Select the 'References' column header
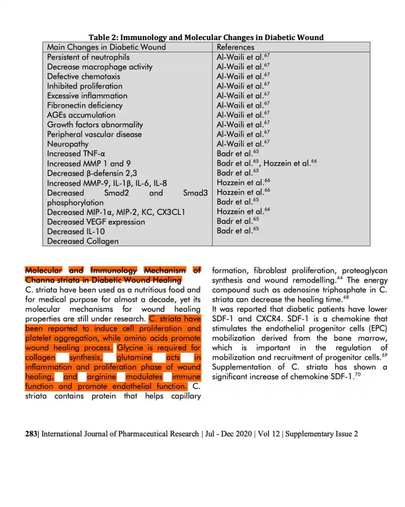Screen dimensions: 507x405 pyautogui.click(x=235, y=47)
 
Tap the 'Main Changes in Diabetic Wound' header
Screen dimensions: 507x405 pyautogui.click(x=106, y=47)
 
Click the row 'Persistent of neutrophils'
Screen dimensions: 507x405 pyautogui.click(x=88, y=57)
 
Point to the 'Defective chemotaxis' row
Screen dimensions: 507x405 pyautogui.click(x=84, y=76)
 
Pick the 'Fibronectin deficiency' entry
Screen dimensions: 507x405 pyautogui.click(x=85, y=105)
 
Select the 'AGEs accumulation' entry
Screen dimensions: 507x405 pyautogui.click(x=81, y=115)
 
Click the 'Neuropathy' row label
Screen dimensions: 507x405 pyautogui.click(x=68, y=144)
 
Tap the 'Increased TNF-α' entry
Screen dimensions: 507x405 pyautogui.click(x=76, y=154)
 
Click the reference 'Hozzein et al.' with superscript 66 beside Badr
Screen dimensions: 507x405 pyautogui.click(x=287, y=163)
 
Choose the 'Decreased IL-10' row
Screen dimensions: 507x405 pyautogui.click(x=76, y=231)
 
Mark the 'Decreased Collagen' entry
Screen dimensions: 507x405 pyautogui.click(x=82, y=241)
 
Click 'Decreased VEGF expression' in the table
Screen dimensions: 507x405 pyautogui.click(x=96, y=222)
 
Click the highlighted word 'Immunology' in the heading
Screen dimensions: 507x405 pyautogui.click(x=113, y=270)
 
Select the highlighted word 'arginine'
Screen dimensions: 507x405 pyautogui.click(x=101, y=377)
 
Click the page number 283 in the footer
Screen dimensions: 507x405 pyautogui.click(x=31, y=434)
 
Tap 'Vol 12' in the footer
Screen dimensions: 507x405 pyautogui.click(x=268, y=434)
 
